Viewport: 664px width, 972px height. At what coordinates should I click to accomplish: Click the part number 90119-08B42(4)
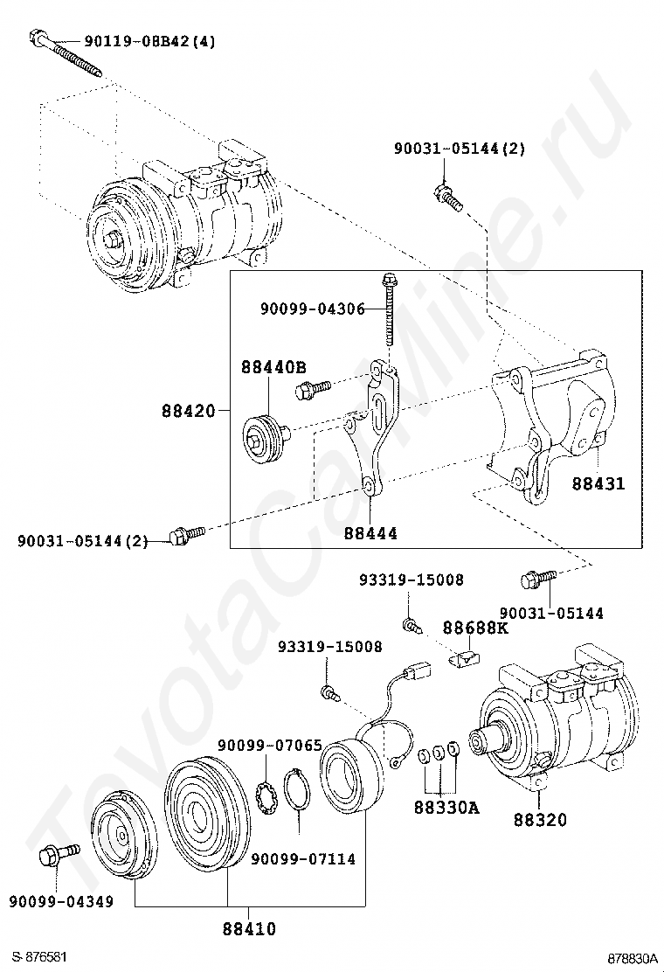coord(150,40)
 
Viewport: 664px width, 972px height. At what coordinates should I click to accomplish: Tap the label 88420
coord(189,409)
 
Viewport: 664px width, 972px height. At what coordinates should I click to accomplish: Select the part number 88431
coord(598,483)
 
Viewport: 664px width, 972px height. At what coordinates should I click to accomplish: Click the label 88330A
coord(446,808)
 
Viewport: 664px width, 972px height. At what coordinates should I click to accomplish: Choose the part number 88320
coord(540,820)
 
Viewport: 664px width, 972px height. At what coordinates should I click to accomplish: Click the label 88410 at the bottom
coord(249,928)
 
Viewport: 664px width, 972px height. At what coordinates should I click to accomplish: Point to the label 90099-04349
coord(62,901)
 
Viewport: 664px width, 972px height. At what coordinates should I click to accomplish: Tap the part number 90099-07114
coord(303,859)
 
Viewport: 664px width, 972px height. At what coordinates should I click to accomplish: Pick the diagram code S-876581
coord(39,958)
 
